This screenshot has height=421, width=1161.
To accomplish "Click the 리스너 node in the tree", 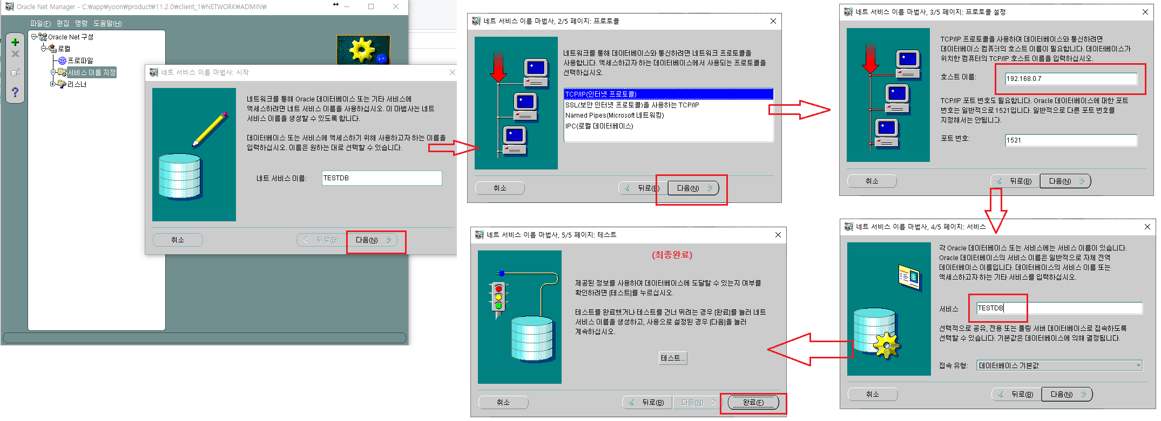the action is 77,84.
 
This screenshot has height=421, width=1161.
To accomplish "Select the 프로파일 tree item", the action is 80,60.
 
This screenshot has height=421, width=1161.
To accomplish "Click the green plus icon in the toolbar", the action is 15,42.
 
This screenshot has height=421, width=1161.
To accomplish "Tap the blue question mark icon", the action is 15,92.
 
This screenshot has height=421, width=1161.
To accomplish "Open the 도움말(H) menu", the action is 107,23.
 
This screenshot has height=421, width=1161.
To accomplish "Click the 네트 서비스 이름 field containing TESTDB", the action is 382,178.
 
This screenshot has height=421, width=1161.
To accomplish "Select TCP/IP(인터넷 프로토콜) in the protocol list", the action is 601,94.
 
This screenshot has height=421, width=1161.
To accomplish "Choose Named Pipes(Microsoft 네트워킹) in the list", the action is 615,116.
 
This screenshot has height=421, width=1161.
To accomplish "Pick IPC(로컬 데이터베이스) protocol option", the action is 599,126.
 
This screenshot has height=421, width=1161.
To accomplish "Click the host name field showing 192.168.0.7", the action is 1071,79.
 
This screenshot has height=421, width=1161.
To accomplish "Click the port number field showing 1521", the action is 1071,140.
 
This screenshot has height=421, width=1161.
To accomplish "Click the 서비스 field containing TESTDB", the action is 1059,308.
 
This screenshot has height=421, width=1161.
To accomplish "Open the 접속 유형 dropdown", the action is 1059,365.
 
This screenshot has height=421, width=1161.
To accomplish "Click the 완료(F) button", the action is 753,402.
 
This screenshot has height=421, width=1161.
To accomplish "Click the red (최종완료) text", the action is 672,255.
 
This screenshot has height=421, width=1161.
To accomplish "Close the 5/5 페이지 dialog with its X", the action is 778,235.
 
